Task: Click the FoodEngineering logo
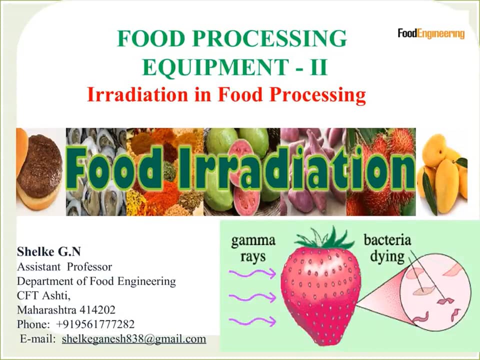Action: (431, 33)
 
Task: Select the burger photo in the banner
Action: (40, 171)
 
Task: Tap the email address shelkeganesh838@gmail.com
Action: (134, 338)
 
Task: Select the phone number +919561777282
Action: (95, 324)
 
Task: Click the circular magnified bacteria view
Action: (434, 292)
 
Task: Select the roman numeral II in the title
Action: (318, 67)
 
